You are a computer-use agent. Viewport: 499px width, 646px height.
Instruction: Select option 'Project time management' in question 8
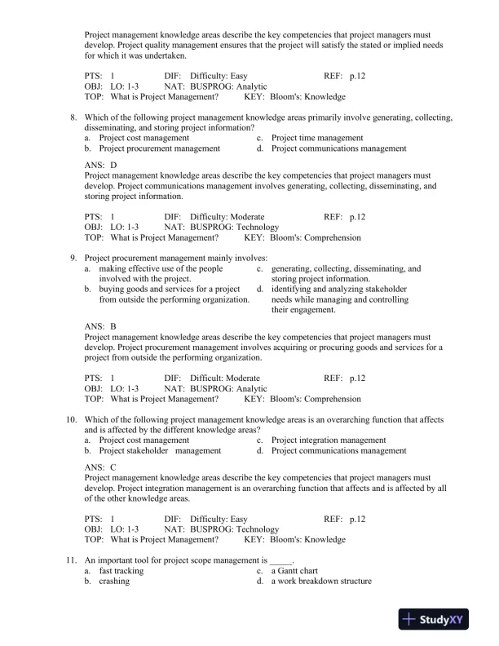pos(317,139)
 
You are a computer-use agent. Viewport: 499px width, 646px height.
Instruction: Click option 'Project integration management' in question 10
pos(329,440)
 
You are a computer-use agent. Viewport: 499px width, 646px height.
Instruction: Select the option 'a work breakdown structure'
pos(321,582)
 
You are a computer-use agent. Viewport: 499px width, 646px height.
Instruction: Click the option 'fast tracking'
pos(121,571)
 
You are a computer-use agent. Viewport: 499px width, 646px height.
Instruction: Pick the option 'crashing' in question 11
pos(115,582)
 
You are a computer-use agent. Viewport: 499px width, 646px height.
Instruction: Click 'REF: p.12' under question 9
pos(345,378)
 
